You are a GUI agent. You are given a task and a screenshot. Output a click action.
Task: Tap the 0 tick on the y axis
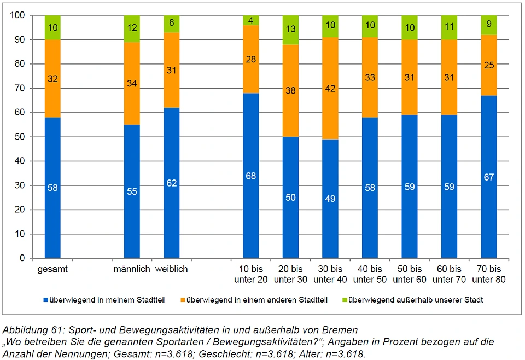pyautogui.click(x=22, y=258)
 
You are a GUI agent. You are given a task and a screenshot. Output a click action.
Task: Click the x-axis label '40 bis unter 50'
pyautogui.click(x=370, y=274)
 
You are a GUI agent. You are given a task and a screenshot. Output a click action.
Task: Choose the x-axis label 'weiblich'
pyautogui.click(x=171, y=269)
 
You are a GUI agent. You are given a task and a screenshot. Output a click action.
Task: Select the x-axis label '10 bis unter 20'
pyautogui.click(x=250, y=274)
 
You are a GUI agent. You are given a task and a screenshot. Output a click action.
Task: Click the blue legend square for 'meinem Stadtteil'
pyautogui.click(x=45, y=300)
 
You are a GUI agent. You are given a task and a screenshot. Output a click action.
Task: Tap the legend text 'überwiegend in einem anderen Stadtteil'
pyautogui.click(x=256, y=300)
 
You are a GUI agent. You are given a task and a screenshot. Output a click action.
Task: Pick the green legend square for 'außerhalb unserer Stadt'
pyautogui.click(x=343, y=300)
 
